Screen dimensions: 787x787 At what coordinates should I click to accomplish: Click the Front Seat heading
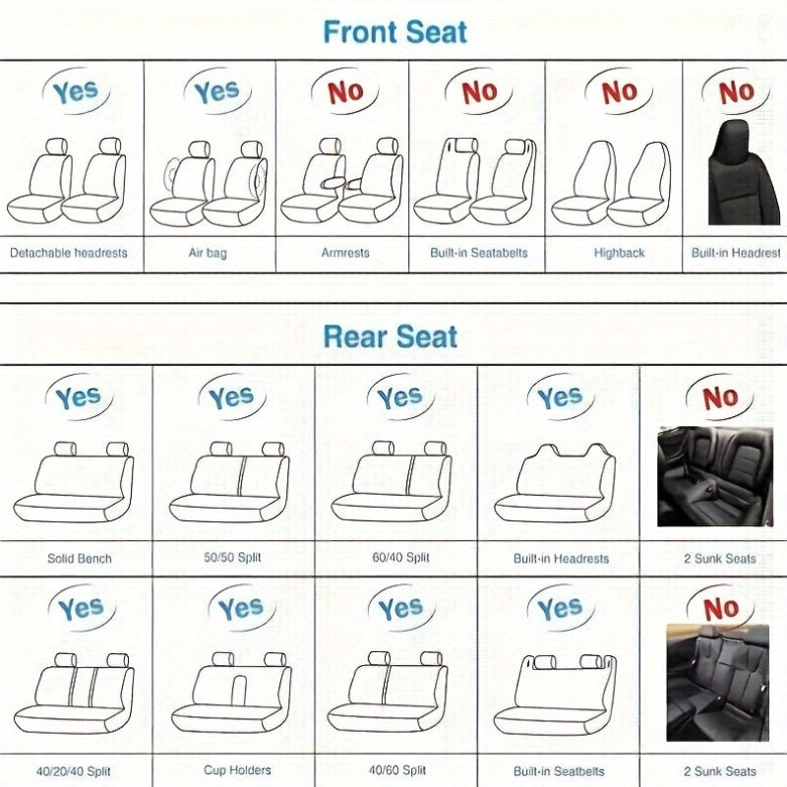[x=395, y=31]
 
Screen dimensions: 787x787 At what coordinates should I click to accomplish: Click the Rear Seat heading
[x=391, y=336]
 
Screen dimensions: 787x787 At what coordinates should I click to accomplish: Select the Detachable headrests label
[x=69, y=253]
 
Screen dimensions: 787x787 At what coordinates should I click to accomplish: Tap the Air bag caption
[x=208, y=253]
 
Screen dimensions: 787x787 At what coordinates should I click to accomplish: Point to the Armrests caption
[x=345, y=253]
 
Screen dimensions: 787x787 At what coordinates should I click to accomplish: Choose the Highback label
[x=619, y=253]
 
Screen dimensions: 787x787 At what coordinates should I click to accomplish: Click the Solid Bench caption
[x=80, y=558]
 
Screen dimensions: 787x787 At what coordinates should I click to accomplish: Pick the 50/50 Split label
[x=232, y=558]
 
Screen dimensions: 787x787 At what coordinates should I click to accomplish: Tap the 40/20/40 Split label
[x=79, y=770]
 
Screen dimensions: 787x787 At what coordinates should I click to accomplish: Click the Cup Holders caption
[x=236, y=770]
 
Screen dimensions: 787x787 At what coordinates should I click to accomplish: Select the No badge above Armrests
[x=345, y=92]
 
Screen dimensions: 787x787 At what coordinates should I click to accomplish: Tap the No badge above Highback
[x=620, y=92]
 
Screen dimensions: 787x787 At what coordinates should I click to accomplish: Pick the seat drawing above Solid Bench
[x=74, y=484]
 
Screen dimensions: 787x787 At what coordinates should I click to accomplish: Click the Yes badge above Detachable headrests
[x=75, y=92]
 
